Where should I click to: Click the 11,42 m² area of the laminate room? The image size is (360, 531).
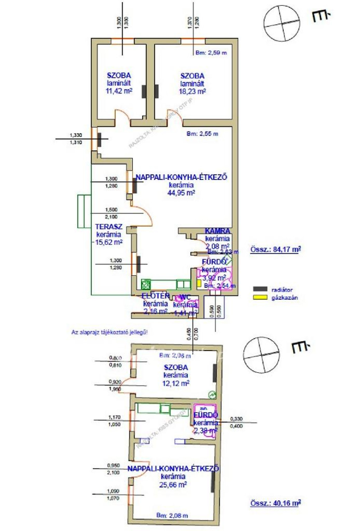pos(119,91)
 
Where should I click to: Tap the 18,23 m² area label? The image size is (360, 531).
pos(192,91)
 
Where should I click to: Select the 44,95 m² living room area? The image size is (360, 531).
pos(181,193)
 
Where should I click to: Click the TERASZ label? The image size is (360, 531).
pos(109,227)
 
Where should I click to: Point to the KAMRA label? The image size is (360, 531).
pos(218,231)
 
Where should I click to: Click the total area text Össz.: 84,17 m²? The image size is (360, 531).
pos(275,250)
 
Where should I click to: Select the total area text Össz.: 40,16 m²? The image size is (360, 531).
pos(275,503)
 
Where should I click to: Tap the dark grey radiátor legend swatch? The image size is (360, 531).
pos(260,289)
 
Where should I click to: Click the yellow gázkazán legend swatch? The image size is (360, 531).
pos(260,297)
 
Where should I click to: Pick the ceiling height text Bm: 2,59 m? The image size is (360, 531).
pos(211,53)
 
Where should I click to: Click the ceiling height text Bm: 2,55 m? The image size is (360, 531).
pos(202,134)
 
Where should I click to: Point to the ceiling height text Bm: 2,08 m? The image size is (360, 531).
pos(172,516)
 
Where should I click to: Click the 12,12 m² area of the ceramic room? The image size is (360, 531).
pos(175,383)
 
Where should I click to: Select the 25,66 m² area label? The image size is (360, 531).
pos(173,485)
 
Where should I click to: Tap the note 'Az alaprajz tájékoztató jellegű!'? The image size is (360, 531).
pos(109,332)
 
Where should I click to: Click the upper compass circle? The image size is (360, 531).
pos(282,23)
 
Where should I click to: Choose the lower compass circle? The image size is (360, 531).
pos(261,355)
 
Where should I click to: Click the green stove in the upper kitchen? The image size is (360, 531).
pos(146,284)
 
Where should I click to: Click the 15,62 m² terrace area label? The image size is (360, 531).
pos(109,242)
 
